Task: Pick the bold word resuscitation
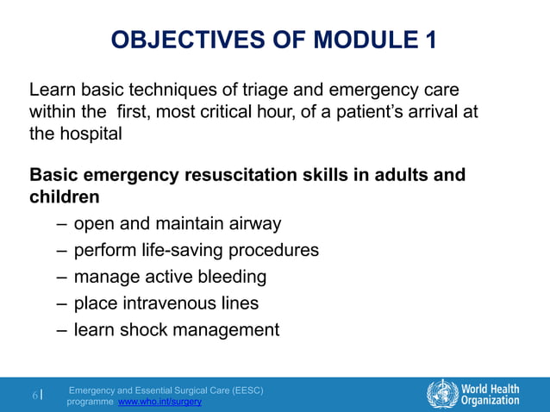[x=243, y=175]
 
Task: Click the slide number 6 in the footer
[x=35, y=396]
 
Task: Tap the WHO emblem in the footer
[x=442, y=393]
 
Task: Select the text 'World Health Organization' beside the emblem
[x=491, y=393]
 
